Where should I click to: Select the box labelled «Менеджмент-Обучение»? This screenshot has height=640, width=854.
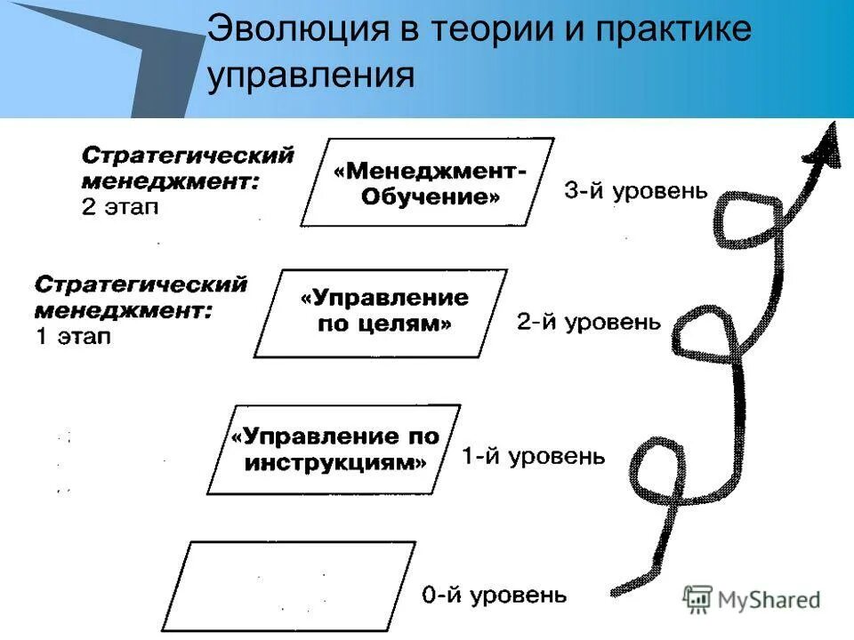(429, 182)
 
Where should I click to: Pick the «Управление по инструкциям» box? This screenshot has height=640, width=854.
(334, 449)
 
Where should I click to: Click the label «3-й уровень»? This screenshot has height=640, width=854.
(636, 191)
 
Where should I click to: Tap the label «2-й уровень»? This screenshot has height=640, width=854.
(589, 322)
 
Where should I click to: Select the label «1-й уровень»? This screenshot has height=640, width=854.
(533, 457)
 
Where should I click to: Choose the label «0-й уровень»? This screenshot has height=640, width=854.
(494, 595)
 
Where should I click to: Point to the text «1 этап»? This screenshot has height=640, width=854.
(73, 337)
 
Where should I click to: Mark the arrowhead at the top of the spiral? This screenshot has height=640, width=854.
(826, 147)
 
